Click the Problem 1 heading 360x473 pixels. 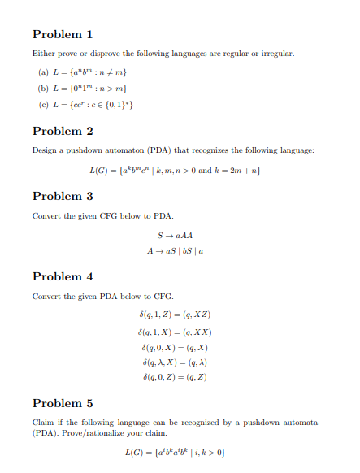click(63, 34)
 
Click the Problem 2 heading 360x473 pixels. click(63, 131)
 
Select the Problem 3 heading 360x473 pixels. click(63, 196)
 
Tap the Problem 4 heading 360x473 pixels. click(63, 276)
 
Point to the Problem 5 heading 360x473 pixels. click(63, 403)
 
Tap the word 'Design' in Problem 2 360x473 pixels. click(43, 150)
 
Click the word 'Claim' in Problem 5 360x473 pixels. click(42, 423)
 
